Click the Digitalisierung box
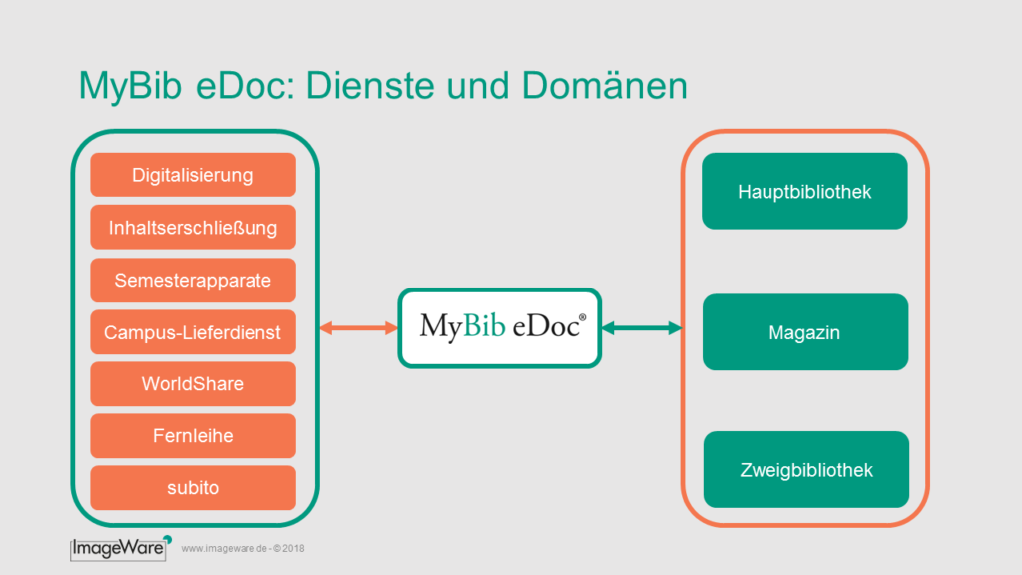tap(193, 175)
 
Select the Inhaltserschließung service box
tap(193, 227)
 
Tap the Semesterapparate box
tap(193, 281)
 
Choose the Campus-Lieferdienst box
tap(193, 332)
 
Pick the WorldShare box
tap(193, 384)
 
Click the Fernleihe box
tap(193, 436)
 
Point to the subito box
tap(193, 487)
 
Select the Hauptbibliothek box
tap(805, 191)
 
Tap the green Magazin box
tap(805, 332)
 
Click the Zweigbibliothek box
tap(806, 469)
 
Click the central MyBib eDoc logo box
tap(500, 327)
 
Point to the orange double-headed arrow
tap(359, 327)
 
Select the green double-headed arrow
tap(642, 327)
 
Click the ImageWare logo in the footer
tap(121, 548)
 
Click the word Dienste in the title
tap(369, 86)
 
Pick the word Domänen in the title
tap(604, 86)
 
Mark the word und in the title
tap(478, 86)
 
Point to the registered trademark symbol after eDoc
tap(583, 317)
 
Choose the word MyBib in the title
tap(130, 87)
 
